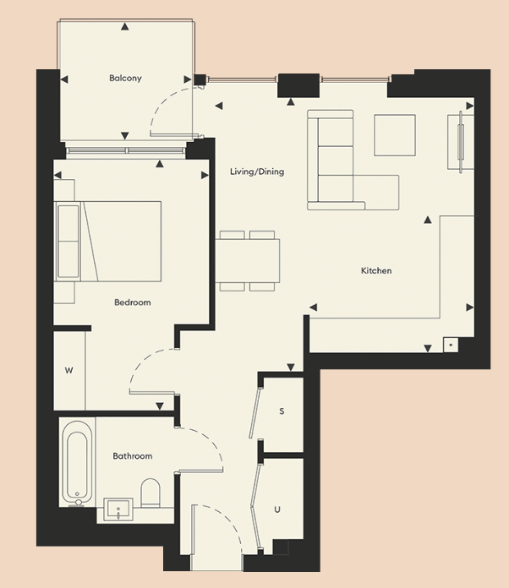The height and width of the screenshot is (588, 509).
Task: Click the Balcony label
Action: click(x=125, y=79)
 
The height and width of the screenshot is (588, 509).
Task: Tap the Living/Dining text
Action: click(x=257, y=171)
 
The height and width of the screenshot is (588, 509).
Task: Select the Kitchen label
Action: click(x=376, y=271)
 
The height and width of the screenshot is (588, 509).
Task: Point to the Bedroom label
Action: click(x=132, y=302)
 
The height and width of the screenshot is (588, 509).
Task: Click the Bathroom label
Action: click(x=133, y=456)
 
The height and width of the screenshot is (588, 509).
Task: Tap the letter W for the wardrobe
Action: click(x=68, y=370)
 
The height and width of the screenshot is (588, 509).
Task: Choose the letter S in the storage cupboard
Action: click(x=282, y=411)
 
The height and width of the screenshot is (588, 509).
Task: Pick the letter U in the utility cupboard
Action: click(x=277, y=509)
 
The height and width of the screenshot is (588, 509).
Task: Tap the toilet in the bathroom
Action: click(x=151, y=493)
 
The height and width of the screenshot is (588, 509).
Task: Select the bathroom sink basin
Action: click(x=118, y=509)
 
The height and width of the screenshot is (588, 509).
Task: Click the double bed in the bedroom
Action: click(x=110, y=241)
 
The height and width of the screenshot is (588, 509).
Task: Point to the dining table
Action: click(x=248, y=260)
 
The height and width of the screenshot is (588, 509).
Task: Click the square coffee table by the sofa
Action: click(x=395, y=134)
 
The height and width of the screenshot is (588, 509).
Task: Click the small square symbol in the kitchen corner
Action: click(x=451, y=346)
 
